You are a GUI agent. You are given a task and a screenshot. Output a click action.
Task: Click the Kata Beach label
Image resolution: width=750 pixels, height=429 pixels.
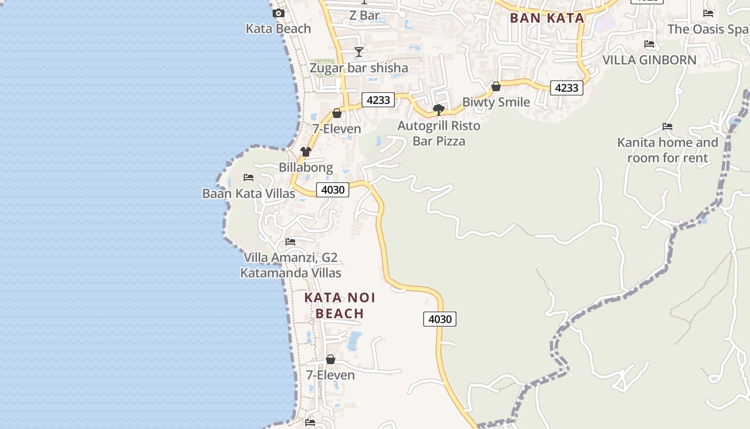click(x=278, y=28)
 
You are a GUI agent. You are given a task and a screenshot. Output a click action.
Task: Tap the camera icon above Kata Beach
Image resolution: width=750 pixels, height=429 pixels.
click(x=278, y=13)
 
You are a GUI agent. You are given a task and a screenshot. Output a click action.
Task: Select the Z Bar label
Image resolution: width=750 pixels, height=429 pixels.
click(x=364, y=16)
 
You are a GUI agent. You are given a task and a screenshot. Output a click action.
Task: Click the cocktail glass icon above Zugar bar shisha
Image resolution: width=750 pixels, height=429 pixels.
click(x=359, y=52)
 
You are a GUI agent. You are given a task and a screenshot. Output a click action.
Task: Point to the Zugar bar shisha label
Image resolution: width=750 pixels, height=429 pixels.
click(x=359, y=68)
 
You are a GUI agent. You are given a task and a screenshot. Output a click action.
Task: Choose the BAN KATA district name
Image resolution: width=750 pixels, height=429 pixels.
click(x=546, y=18)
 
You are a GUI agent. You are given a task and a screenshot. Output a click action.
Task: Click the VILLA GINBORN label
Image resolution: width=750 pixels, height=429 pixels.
click(x=649, y=60)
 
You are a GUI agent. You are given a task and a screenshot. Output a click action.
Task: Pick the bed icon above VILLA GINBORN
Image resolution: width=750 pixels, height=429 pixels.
click(x=649, y=44)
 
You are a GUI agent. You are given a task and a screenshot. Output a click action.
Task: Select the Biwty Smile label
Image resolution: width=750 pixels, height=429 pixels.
click(x=496, y=102)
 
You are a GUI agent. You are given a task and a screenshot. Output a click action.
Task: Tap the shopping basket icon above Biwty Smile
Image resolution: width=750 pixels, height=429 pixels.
click(x=496, y=86)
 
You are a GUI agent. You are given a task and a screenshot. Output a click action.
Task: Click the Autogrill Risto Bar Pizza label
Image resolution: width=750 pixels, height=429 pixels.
click(x=439, y=134)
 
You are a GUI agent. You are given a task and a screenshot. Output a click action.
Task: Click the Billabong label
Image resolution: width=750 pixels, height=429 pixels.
click(x=306, y=167)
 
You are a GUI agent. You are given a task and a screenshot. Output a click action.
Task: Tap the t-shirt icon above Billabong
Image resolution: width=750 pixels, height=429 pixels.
click(x=306, y=152)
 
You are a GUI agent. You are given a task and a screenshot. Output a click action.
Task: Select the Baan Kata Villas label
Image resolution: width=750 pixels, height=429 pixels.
click(x=249, y=193)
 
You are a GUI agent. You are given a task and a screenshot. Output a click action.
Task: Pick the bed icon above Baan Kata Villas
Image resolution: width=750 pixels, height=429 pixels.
click(x=249, y=177)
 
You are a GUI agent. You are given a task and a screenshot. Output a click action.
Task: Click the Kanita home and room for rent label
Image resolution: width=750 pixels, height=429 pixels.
click(x=667, y=150)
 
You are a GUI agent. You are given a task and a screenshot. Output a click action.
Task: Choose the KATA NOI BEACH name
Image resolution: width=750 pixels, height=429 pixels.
click(x=340, y=305)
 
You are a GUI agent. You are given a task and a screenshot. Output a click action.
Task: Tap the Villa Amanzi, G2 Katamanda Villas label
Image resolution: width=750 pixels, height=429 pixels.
click(x=290, y=265)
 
